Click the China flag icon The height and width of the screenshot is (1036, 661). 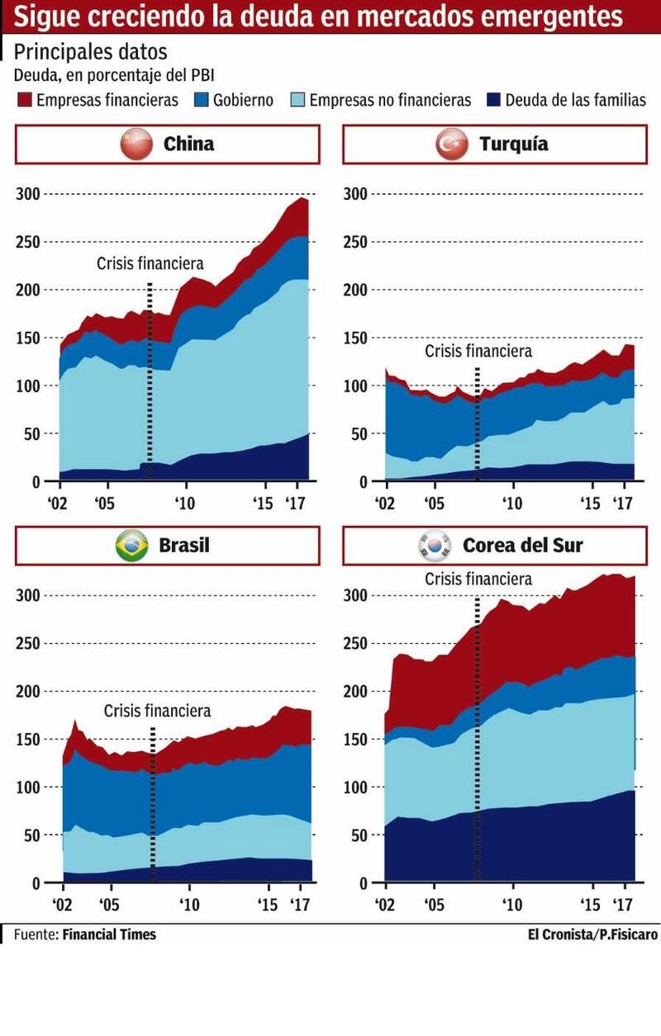(136, 144)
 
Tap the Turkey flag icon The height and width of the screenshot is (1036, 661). (452, 144)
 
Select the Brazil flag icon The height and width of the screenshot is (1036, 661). (131, 546)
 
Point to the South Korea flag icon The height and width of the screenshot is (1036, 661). (435, 546)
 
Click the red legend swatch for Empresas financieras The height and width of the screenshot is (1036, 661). (23, 101)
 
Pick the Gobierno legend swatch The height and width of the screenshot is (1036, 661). (201, 101)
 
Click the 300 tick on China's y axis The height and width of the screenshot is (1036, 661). (27, 194)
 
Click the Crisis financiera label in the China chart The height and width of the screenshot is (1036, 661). (150, 264)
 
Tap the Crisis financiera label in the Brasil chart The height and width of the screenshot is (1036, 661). (157, 711)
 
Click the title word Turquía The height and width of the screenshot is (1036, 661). (513, 144)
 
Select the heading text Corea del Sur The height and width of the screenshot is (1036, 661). (522, 546)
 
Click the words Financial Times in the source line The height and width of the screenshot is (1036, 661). (109, 934)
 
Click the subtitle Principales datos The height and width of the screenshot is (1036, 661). (90, 52)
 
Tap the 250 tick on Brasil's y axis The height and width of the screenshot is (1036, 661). (27, 643)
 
